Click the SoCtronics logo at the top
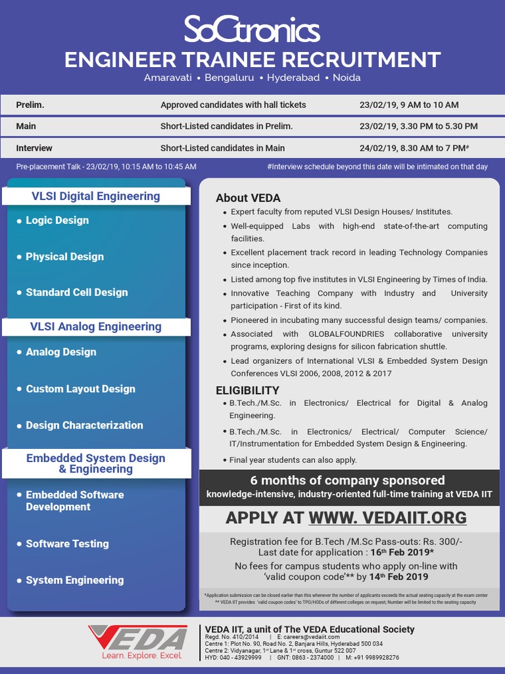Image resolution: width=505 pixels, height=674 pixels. click(x=252, y=30)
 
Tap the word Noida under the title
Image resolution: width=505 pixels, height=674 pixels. click(x=347, y=78)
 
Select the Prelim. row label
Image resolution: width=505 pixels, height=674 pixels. click(x=30, y=105)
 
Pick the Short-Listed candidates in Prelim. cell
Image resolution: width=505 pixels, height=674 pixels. click(x=226, y=126)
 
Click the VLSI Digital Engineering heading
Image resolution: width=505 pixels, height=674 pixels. click(x=96, y=196)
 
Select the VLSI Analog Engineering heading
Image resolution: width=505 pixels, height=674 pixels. click(x=96, y=326)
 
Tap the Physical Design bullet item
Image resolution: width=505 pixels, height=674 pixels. click(x=64, y=257)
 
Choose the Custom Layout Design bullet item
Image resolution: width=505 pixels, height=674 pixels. click(x=80, y=389)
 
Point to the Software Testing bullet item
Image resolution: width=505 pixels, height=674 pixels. click(x=67, y=544)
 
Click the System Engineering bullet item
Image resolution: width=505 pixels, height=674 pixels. click(x=74, y=580)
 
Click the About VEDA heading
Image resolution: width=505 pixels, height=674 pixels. click(x=248, y=198)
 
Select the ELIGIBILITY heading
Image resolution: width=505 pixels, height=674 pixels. click(x=247, y=390)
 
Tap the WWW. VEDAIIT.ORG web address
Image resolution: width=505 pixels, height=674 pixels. click(x=387, y=517)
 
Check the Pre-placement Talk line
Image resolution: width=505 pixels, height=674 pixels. click(x=106, y=167)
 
